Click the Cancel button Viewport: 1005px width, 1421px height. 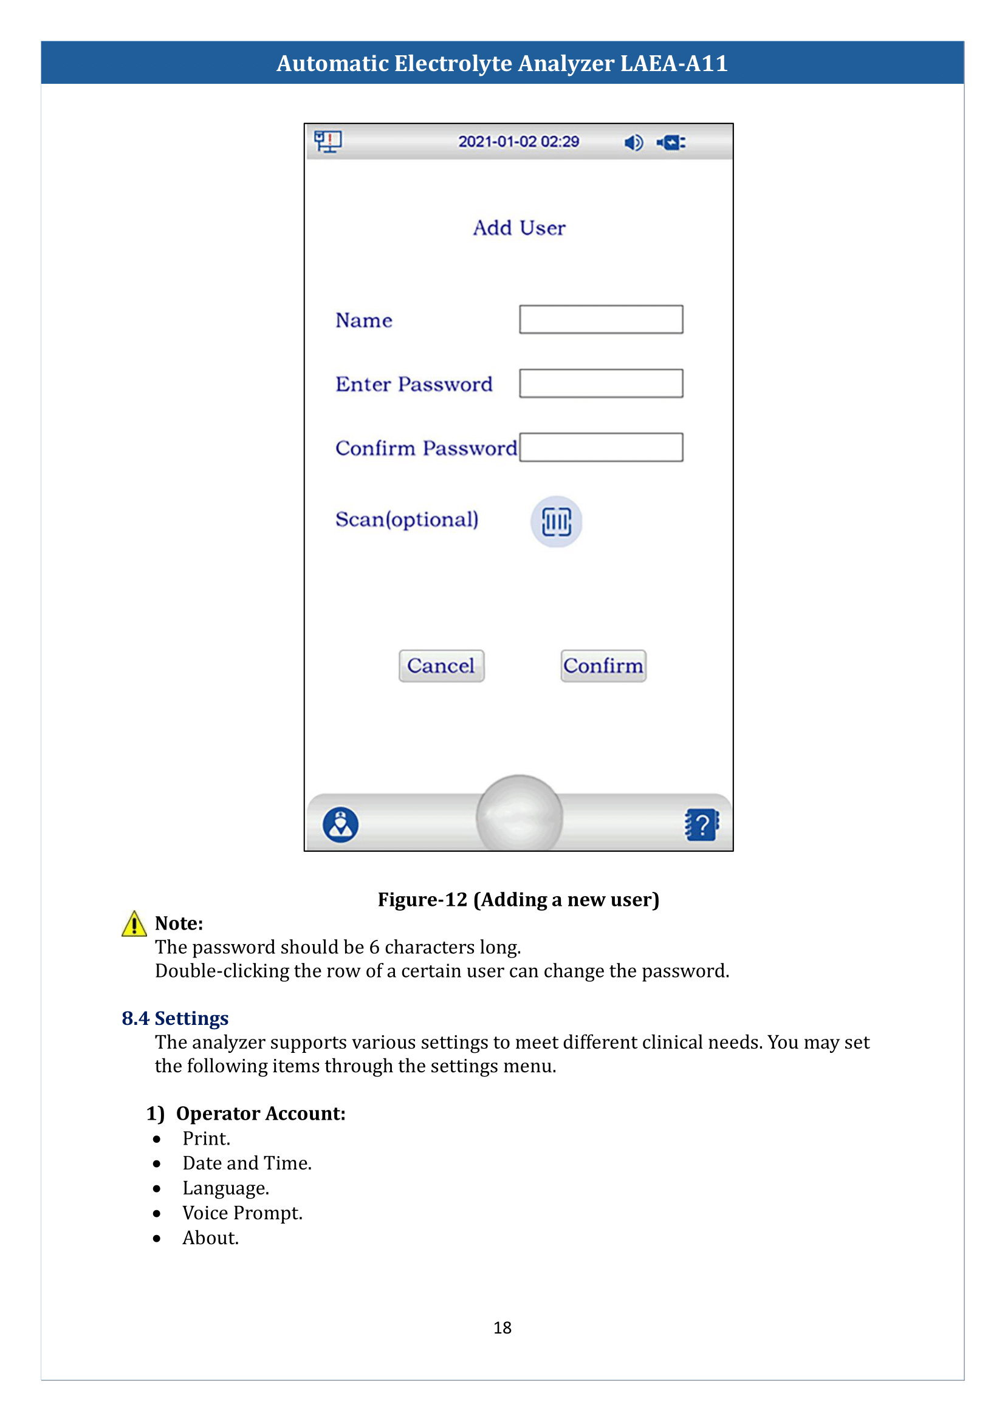click(x=441, y=666)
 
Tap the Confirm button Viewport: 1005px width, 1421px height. click(x=603, y=666)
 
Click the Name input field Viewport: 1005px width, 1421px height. click(x=601, y=320)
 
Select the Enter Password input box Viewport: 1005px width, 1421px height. click(x=601, y=384)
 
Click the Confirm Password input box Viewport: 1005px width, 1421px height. click(x=601, y=448)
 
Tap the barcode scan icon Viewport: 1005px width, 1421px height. click(x=557, y=522)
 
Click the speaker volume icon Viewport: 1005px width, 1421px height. click(x=633, y=143)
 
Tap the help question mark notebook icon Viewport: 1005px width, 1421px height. click(x=701, y=825)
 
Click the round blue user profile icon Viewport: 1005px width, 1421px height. click(x=340, y=825)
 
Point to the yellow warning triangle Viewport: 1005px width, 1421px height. click(x=134, y=925)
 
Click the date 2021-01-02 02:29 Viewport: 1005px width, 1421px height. click(x=518, y=142)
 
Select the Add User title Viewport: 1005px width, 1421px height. click(x=519, y=228)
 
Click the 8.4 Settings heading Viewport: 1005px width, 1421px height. click(x=175, y=1018)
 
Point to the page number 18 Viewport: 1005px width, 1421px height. click(x=502, y=1327)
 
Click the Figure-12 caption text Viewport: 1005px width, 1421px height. click(x=518, y=899)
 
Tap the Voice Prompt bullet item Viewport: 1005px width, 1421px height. click(x=242, y=1213)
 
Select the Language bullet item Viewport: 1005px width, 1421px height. click(x=225, y=1188)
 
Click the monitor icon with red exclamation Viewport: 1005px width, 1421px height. click(x=328, y=142)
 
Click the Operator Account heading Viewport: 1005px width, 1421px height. click(x=260, y=1114)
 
